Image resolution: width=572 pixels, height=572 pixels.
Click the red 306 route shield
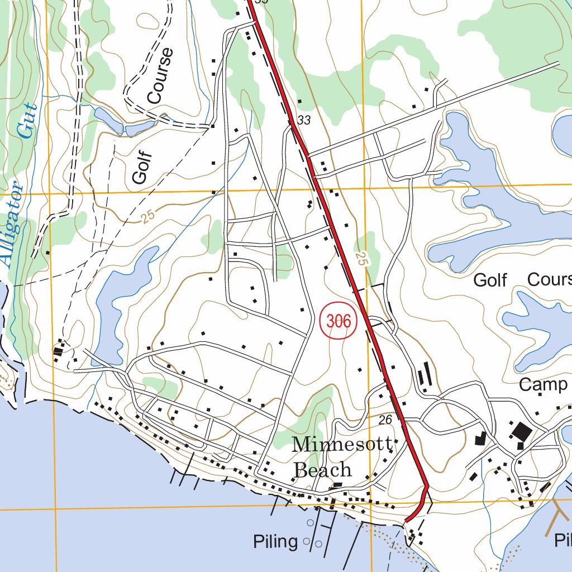(339, 321)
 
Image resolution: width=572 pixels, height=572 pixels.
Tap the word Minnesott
(341, 445)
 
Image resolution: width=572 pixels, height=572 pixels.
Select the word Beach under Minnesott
(323, 470)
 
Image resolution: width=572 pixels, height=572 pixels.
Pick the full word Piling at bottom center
(275, 541)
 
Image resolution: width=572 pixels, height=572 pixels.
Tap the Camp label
(543, 384)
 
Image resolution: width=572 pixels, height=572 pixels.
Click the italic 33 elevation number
(304, 120)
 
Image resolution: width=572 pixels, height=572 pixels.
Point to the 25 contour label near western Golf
(147, 216)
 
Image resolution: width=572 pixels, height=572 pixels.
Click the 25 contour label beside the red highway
(363, 259)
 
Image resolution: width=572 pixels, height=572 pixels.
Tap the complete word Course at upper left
(161, 76)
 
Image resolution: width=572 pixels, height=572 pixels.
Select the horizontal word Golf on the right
(490, 279)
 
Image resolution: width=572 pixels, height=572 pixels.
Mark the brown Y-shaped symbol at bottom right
(557, 516)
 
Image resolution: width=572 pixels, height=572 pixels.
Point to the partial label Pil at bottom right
(563, 540)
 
